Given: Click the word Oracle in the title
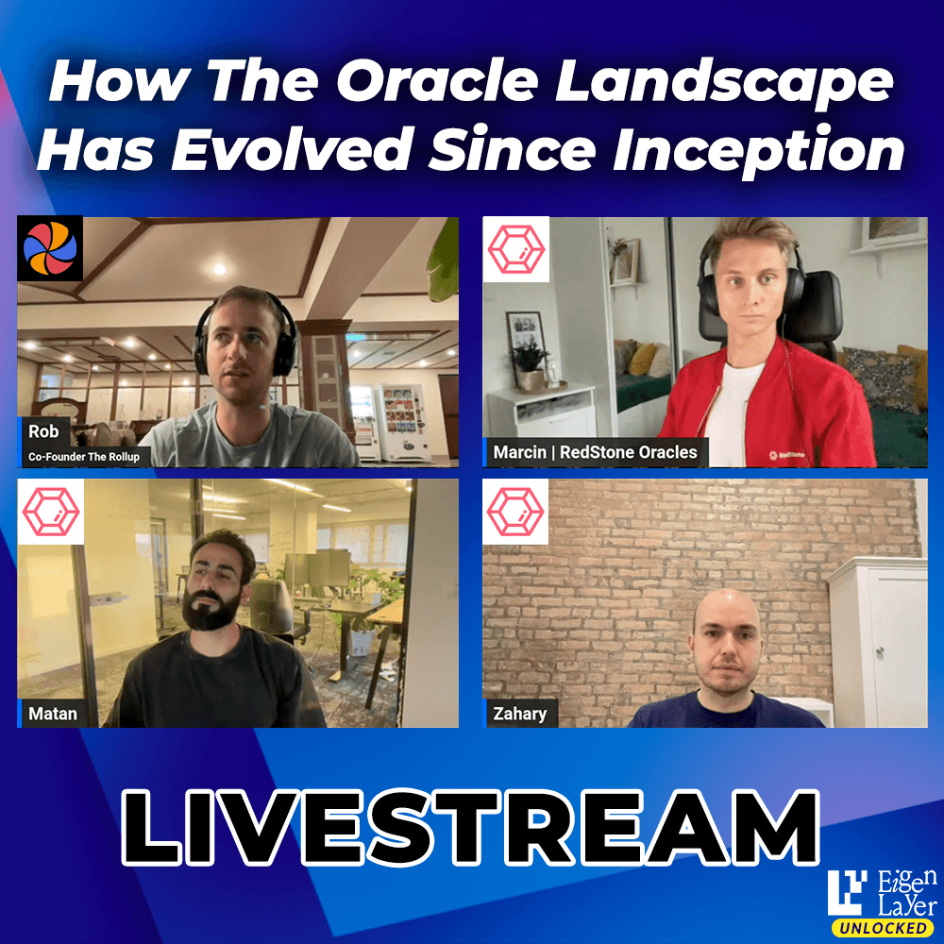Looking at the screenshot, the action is [437, 81].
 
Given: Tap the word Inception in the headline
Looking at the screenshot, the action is [759, 149].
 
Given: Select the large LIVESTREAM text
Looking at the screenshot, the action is [471, 827].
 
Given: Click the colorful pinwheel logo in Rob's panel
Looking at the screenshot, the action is [50, 248].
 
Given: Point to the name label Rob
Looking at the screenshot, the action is [43, 431].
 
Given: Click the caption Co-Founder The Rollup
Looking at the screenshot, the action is [84, 456].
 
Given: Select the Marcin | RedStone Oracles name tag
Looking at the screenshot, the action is [595, 452].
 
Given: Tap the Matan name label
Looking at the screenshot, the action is [52, 714].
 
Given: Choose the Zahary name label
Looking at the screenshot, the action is [519, 714].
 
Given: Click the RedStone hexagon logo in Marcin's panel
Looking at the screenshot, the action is [516, 248].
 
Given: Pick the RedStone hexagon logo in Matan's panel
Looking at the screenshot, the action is [51, 512].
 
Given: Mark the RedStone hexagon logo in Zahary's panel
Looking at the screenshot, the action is [515, 512].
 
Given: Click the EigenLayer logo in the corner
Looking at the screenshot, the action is [882, 893].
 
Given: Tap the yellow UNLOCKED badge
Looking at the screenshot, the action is [884, 928].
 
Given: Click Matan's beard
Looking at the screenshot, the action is [211, 611].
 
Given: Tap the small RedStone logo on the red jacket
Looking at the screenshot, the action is [786, 455].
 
